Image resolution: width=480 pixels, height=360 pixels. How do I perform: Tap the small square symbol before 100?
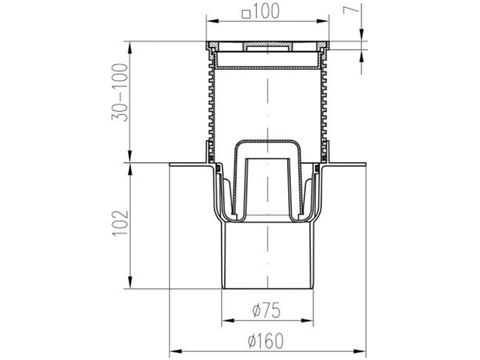click(246, 14)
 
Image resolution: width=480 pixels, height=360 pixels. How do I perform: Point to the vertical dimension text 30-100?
click(120, 92)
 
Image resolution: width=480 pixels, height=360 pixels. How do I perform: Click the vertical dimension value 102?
click(121, 223)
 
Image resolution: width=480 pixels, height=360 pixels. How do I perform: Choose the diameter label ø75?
click(266, 311)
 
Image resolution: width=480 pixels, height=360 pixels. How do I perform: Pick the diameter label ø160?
click(266, 341)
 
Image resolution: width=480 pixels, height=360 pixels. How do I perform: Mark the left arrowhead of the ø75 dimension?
click(228, 321)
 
